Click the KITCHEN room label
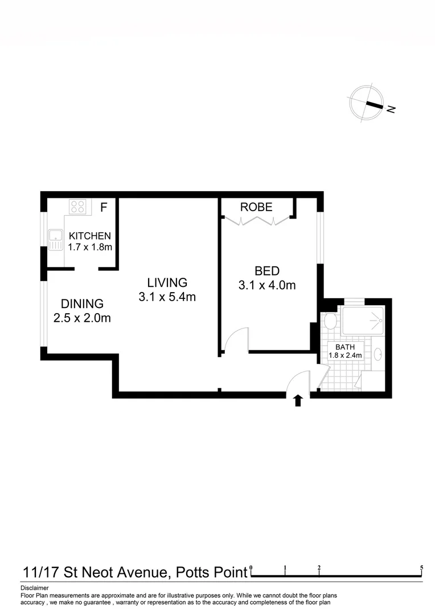[x=89, y=236]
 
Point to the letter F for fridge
[x=104, y=207]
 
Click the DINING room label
[x=82, y=304]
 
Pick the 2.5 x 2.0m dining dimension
[x=82, y=318]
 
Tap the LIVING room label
[x=167, y=282]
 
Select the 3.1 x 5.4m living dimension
[x=167, y=297]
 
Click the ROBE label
[x=256, y=207]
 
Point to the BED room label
[x=266, y=271]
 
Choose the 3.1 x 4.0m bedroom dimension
[x=266, y=286]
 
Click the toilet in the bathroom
[x=330, y=322]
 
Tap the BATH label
[x=345, y=346]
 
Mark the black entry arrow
[x=297, y=400]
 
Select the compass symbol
[x=363, y=104]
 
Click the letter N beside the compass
[x=391, y=109]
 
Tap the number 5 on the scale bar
[x=421, y=568]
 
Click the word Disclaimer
[x=34, y=587]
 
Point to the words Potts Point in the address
[x=211, y=572]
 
